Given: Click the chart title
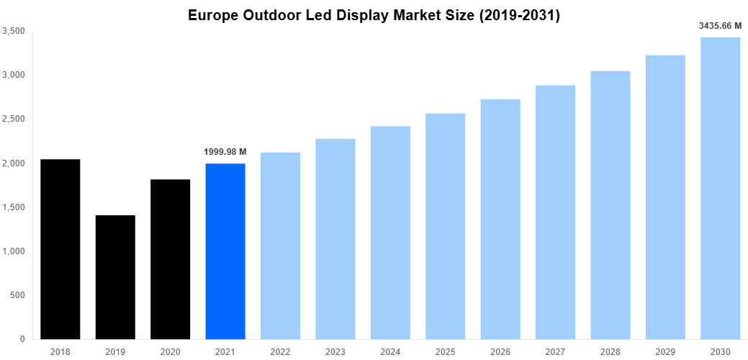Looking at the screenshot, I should pyautogui.click(x=374, y=15).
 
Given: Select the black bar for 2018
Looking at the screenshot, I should pyautogui.click(x=60, y=248).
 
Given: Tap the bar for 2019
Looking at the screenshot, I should pyautogui.click(x=115, y=277).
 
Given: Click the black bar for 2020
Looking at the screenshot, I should pyautogui.click(x=170, y=259).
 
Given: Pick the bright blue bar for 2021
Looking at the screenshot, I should pyautogui.click(x=225, y=251).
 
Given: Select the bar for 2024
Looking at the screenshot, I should pyautogui.click(x=390, y=233).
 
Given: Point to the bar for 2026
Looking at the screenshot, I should pyautogui.click(x=500, y=219).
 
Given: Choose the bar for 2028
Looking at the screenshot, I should pyautogui.click(x=610, y=205).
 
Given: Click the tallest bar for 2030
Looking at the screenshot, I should pyautogui.click(x=720, y=188).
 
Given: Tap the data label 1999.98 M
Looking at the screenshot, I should pyautogui.click(x=225, y=152).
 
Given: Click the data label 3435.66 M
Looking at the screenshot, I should pyautogui.click(x=720, y=26).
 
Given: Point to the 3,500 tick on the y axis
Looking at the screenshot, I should pyautogui.click(x=14, y=31).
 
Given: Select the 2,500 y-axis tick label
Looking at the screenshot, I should pyautogui.click(x=14, y=119).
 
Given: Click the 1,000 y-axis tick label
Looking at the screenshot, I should pyautogui.click(x=14, y=251).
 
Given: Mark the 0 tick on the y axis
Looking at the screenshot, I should pyautogui.click(x=22, y=339).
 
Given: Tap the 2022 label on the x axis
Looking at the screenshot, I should pyautogui.click(x=280, y=351).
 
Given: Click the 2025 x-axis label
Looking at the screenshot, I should pyautogui.click(x=445, y=351).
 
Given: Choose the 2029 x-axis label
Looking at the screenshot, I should pyautogui.click(x=664, y=351).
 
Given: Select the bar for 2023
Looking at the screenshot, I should pyautogui.click(x=335, y=238).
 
